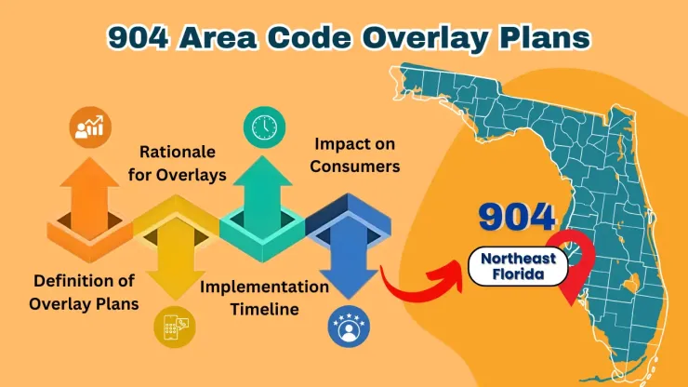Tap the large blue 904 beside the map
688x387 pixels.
coord(517,216)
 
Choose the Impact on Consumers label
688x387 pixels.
coord(356,155)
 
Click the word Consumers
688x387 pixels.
coord(356,167)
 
